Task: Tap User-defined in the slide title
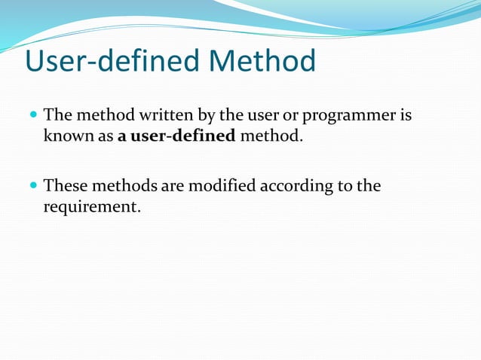[x=109, y=62]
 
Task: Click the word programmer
[x=350, y=117]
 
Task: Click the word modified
[x=221, y=185]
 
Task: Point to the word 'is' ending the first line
[x=406, y=117]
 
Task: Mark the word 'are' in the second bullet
[x=169, y=185]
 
